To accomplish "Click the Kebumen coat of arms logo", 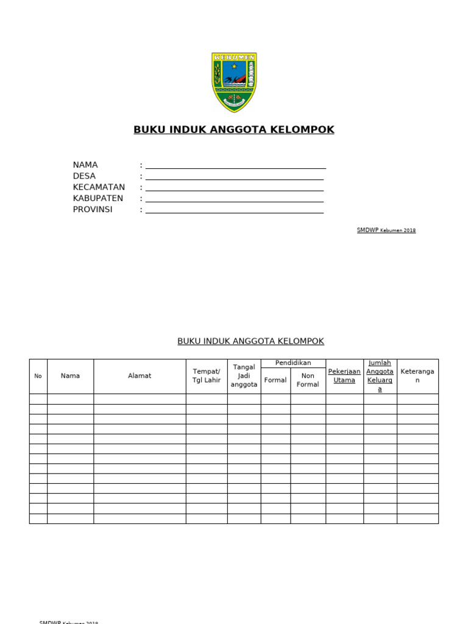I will (234, 82).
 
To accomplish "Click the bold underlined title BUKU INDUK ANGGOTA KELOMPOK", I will (234, 130).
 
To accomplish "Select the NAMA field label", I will (85, 165).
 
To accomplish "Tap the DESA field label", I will (84, 176).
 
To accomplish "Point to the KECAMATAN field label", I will (99, 187).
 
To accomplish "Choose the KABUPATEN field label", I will (98, 198).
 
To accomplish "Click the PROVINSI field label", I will (93, 209).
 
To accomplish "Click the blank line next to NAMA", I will (235, 168).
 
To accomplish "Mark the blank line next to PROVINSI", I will (234, 212).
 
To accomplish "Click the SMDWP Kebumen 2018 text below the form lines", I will (386, 230).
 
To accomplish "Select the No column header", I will (38, 376).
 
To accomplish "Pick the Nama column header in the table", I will (71, 376).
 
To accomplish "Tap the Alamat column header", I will (140, 376).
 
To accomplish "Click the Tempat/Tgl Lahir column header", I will (207, 376).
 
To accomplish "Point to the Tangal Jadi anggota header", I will (244, 376).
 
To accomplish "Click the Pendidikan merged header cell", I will (293, 363).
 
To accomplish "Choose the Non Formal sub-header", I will (308, 380).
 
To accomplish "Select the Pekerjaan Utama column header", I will (344, 375).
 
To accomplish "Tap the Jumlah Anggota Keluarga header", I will (380, 376).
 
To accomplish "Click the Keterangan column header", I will (417, 375).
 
